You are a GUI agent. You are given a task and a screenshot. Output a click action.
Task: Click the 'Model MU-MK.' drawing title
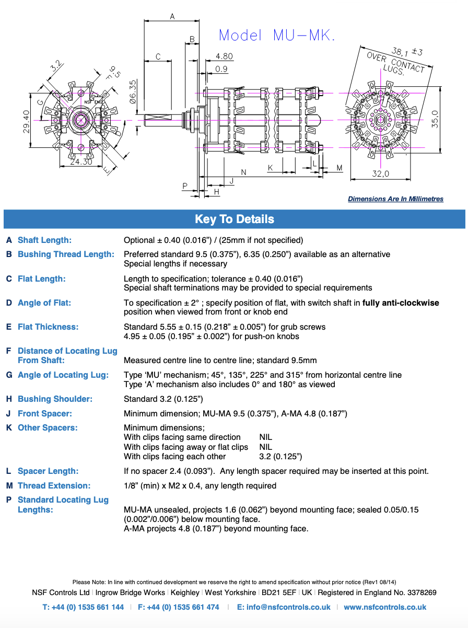click(277, 35)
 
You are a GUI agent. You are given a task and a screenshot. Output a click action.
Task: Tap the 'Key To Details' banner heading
click(234, 219)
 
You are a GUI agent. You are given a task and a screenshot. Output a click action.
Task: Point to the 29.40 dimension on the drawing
click(27, 121)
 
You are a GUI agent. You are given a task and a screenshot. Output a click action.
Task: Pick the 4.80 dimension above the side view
click(224, 56)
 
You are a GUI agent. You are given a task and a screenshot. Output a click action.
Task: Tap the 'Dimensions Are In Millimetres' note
click(395, 199)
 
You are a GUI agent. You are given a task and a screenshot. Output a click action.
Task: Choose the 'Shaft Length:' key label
click(44, 240)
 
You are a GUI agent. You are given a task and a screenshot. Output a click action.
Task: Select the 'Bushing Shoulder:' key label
click(55, 399)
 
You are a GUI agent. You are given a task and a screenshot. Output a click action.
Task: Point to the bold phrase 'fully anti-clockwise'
click(401, 303)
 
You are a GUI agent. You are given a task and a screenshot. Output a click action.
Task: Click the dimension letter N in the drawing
click(243, 172)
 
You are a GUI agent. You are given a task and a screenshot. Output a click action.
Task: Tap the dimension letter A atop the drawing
click(172, 17)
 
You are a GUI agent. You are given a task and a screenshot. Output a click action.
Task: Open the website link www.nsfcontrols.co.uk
click(385, 607)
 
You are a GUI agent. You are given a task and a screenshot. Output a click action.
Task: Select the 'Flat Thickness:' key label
click(48, 327)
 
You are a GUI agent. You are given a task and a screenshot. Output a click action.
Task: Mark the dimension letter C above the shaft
click(158, 57)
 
